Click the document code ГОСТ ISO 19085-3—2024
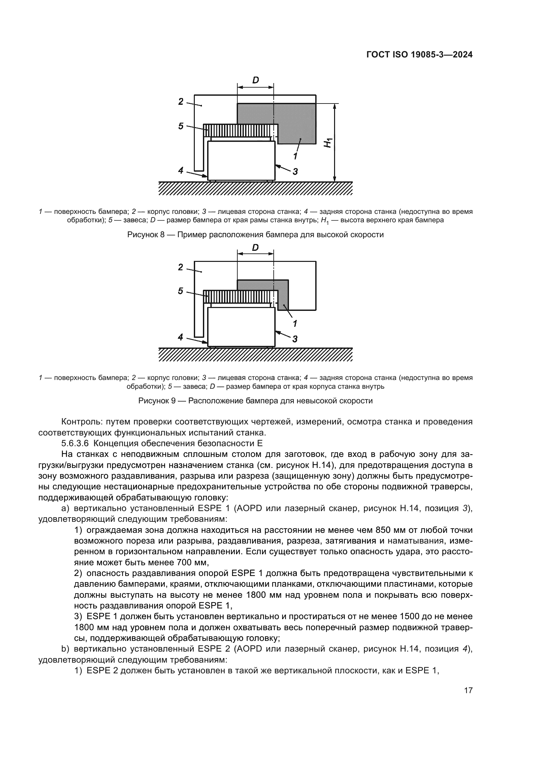[x=419, y=55]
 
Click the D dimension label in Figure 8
[x=255, y=80]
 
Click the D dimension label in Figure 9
[x=255, y=248]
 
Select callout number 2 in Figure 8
[x=181, y=102]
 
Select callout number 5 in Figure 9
[x=181, y=291]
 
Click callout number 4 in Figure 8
[x=181, y=171]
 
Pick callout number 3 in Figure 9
[x=295, y=338]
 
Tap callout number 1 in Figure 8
[x=295, y=156]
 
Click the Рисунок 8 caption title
[x=255, y=235]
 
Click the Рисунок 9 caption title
[x=255, y=401]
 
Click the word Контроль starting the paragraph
[x=79, y=422]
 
